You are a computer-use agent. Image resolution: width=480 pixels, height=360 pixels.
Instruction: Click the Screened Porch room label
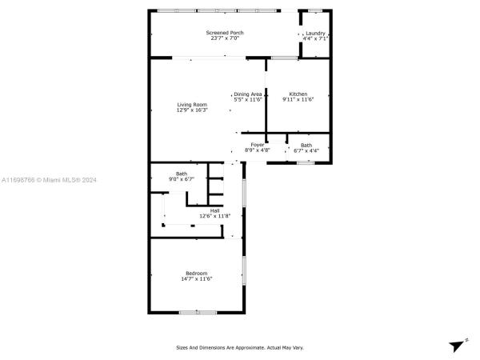click(x=225, y=33)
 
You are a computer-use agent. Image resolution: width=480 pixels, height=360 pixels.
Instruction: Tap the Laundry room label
click(x=315, y=34)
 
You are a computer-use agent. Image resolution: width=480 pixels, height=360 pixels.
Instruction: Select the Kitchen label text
click(x=298, y=94)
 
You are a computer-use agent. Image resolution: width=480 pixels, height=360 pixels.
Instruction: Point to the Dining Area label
click(x=248, y=94)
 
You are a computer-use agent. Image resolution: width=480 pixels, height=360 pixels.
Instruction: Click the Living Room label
click(x=192, y=105)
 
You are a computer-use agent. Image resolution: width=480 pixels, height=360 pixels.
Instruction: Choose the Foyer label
click(x=258, y=145)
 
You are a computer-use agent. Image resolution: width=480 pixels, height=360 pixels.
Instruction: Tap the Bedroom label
click(x=197, y=273)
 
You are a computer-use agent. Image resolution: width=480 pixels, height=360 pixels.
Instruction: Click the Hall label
click(x=214, y=210)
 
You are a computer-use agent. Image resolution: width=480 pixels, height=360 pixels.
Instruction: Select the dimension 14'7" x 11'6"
click(x=197, y=278)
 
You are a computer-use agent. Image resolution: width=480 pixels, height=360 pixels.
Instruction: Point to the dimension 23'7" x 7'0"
click(x=225, y=38)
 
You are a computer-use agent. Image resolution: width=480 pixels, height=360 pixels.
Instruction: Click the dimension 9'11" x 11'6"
click(x=298, y=99)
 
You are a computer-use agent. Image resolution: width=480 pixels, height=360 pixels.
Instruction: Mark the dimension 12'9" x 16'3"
click(x=192, y=110)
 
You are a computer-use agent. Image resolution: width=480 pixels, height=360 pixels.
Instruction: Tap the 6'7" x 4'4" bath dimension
click(x=306, y=150)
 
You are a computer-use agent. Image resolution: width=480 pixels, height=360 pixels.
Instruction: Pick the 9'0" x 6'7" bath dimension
click(x=182, y=179)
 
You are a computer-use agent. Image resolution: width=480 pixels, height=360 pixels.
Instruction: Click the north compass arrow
click(x=457, y=346)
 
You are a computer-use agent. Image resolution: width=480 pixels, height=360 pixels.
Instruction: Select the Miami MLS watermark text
click(x=49, y=180)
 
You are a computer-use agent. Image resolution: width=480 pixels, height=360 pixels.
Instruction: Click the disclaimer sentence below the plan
click(x=240, y=348)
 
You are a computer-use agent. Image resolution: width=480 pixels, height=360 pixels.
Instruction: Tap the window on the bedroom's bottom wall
click(x=198, y=313)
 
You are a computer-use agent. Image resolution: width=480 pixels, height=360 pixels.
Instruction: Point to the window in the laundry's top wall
click(x=315, y=11)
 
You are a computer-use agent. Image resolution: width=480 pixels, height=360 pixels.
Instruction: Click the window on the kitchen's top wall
click(x=284, y=58)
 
